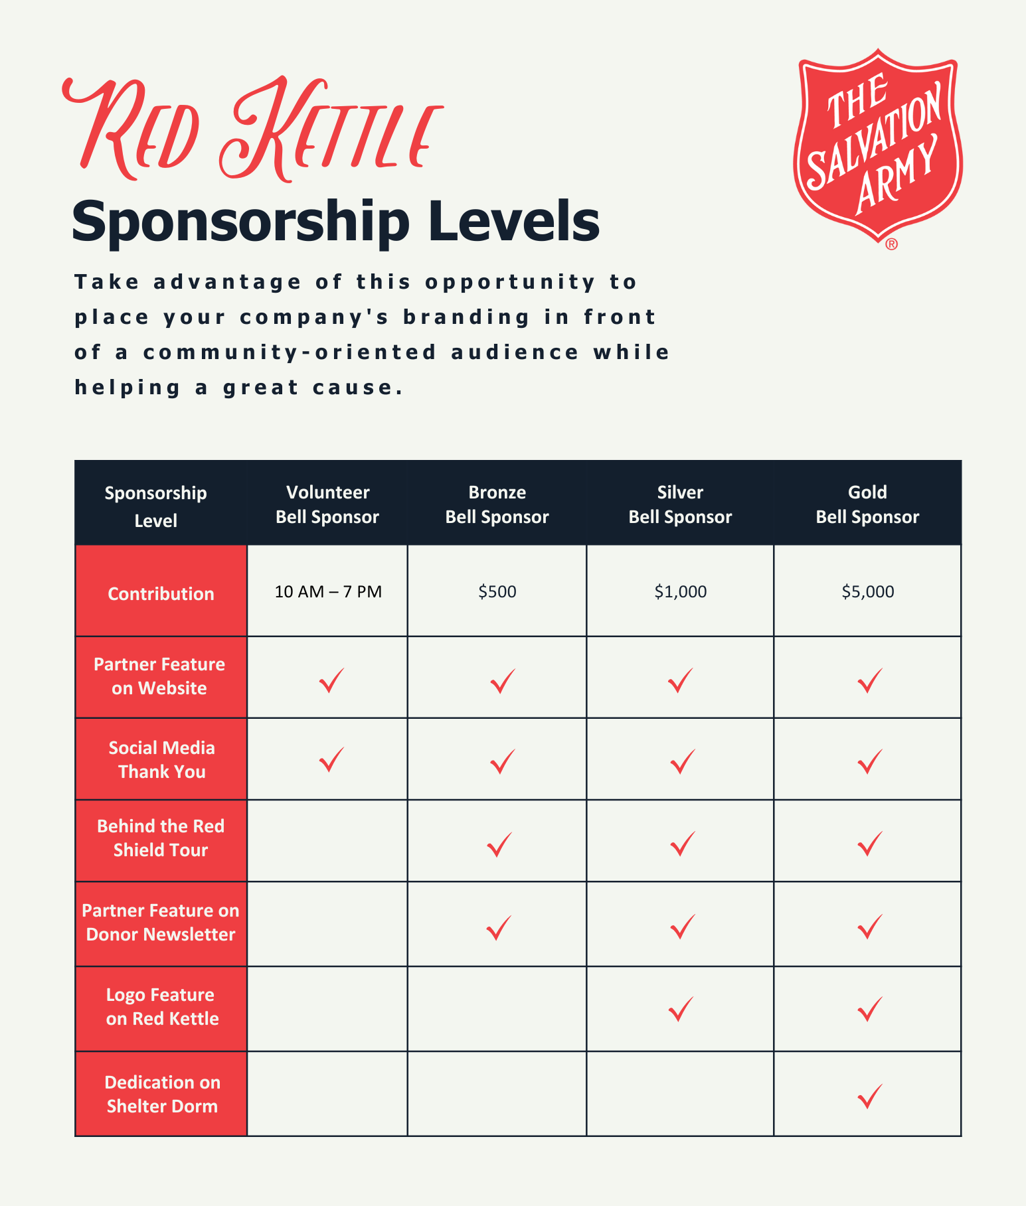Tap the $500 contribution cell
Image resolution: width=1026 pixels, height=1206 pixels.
point(497,591)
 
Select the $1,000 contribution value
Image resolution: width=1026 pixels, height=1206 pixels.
point(680,591)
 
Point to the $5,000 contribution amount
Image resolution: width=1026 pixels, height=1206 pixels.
point(867,591)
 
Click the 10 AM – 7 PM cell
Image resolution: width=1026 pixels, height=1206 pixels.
point(328,591)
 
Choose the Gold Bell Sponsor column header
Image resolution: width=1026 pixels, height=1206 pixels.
point(867,504)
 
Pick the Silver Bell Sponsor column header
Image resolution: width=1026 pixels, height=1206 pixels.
point(680,504)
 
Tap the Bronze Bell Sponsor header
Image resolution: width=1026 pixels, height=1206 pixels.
point(497,504)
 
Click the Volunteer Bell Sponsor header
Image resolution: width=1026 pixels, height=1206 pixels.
point(327,504)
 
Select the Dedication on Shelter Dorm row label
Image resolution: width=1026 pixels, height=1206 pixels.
point(161,1094)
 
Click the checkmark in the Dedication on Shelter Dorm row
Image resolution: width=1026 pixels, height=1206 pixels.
point(869,1096)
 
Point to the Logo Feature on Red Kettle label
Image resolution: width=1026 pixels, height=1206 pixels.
point(161,1007)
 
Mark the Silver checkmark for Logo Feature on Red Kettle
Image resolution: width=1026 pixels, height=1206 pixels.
point(681,1008)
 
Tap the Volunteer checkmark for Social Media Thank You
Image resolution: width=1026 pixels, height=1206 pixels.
point(331,759)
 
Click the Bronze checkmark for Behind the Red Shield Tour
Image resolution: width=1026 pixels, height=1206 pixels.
point(499,844)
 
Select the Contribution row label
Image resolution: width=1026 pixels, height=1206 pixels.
point(161,593)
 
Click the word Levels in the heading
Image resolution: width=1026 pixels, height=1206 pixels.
point(514,222)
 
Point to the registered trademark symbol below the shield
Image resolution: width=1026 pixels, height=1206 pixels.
point(891,244)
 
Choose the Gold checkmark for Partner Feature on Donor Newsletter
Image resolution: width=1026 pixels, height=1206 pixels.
point(869,927)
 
